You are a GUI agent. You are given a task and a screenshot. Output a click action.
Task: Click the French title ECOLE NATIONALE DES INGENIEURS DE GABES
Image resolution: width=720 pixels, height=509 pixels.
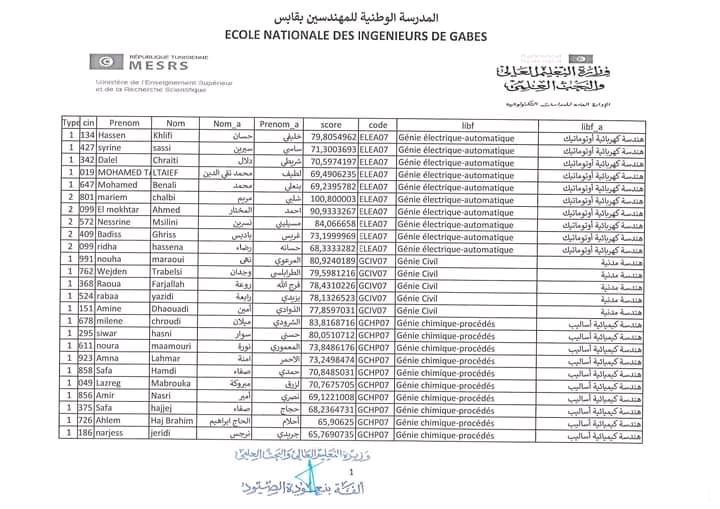(x=360, y=37)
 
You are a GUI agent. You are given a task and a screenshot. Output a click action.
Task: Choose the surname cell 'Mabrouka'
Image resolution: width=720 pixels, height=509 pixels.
(x=172, y=384)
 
